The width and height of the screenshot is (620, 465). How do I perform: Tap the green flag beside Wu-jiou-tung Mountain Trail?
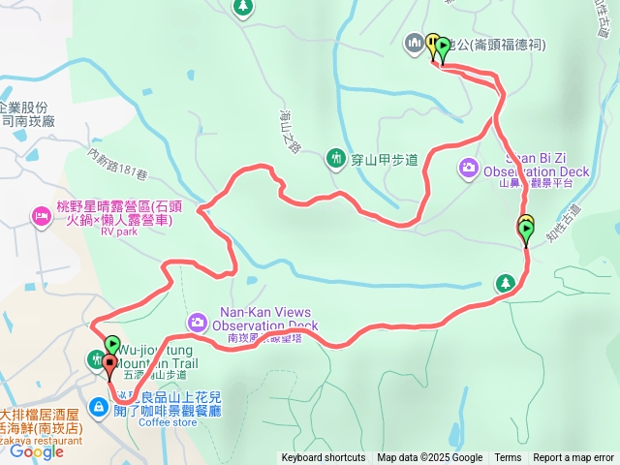point(112,344)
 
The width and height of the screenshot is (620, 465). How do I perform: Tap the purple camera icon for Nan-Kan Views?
point(197,322)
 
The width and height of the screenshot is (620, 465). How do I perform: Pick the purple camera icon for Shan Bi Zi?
point(468,169)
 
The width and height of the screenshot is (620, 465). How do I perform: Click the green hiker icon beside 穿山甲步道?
point(336,156)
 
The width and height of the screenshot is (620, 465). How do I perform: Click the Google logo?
point(37,450)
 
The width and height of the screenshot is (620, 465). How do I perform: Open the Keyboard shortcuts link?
point(324,458)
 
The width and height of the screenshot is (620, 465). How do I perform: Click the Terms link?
point(508,458)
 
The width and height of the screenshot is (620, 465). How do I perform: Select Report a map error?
point(573,458)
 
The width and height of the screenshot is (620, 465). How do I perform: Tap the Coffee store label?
point(167,422)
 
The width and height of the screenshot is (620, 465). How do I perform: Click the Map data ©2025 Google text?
point(429,458)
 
